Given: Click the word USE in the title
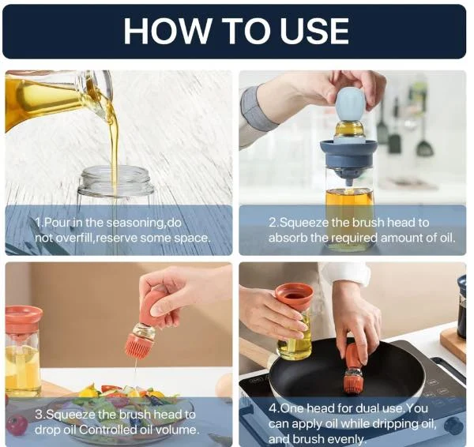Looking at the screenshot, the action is (314, 31).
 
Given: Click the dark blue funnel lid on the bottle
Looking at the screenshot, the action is (348, 153).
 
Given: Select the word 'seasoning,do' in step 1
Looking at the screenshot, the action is (145, 223).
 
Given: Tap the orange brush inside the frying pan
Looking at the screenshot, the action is (352, 371).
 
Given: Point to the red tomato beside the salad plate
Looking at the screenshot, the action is (16, 425).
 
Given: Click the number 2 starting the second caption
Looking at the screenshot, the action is (272, 223).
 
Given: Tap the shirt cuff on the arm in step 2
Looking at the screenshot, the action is (257, 110).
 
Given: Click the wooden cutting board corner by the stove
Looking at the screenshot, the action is (453, 345).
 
